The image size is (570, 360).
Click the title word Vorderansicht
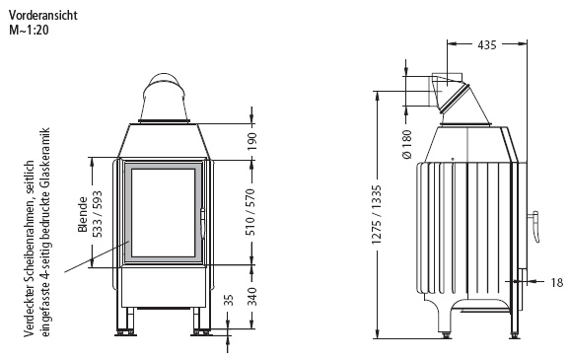coord(42,15)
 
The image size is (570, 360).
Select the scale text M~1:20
coord(29,30)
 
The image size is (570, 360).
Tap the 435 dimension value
coord(487,44)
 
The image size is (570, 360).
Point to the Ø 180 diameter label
coord(407,144)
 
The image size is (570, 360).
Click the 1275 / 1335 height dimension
coord(377,215)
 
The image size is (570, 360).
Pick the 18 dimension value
coord(556,282)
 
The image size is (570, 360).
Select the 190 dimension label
coord(250,141)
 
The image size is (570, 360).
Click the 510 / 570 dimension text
coord(250,212)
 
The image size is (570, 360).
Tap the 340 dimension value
coord(250,296)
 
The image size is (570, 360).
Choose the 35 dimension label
coord(228,301)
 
